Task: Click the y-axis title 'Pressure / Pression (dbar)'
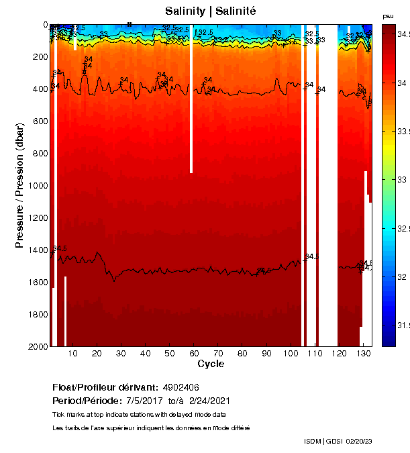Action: coord(19,185)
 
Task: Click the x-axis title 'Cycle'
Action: coord(211,364)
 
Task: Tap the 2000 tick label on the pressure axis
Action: coord(38,346)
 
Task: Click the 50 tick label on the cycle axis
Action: coord(169,353)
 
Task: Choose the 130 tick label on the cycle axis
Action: coord(363,353)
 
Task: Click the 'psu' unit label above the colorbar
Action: coord(388,15)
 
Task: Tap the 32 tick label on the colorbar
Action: coord(402,276)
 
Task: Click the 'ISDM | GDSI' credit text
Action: coord(322,441)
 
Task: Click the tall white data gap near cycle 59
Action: coord(191,101)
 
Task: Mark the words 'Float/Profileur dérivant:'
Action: coord(105,388)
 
